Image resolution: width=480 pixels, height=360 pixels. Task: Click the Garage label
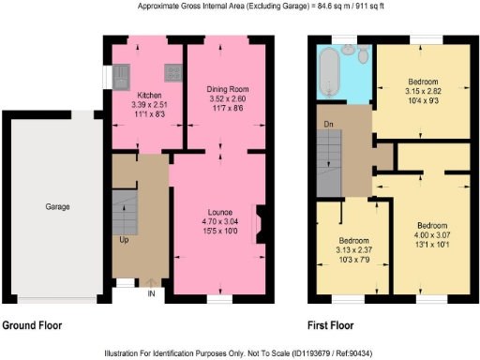pos(57,206)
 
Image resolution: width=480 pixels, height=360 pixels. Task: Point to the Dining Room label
pos(226,89)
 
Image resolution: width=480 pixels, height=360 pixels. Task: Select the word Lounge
pos(219,214)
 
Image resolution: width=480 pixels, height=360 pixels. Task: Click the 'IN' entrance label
pos(150,293)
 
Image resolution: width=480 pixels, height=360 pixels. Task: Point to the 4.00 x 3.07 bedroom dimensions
pos(434,235)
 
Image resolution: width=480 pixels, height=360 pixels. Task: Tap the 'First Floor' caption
pos(331,325)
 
